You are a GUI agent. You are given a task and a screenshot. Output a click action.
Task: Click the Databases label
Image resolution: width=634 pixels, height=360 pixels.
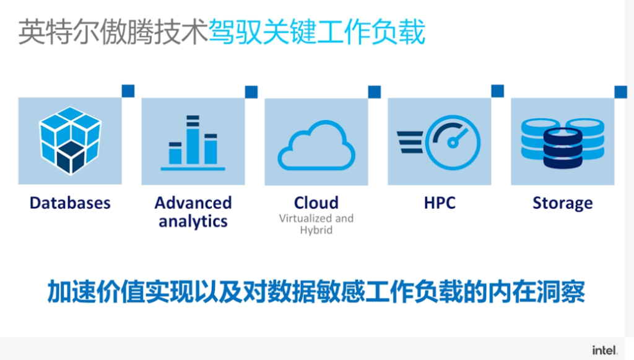[70, 203]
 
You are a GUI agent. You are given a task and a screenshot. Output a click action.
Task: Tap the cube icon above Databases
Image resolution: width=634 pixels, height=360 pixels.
[70, 141]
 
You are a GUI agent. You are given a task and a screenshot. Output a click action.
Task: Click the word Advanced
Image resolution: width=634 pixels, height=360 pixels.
[193, 203]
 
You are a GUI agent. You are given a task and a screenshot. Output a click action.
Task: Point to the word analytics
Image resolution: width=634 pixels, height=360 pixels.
[193, 221]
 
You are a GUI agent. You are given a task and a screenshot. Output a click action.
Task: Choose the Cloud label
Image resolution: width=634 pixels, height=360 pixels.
[316, 203]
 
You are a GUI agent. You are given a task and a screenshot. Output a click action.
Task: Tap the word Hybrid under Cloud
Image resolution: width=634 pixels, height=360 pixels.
[316, 230]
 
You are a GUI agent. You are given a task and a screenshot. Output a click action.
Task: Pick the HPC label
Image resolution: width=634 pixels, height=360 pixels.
[440, 203]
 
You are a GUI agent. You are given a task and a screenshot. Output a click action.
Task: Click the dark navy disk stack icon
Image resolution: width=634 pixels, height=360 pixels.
[563, 147]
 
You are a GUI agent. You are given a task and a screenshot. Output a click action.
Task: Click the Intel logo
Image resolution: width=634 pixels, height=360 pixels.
[605, 350]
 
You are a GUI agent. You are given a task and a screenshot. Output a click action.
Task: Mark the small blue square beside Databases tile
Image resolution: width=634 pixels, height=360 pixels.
[128, 91]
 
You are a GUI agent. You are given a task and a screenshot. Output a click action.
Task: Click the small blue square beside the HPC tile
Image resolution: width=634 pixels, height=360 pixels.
[498, 91]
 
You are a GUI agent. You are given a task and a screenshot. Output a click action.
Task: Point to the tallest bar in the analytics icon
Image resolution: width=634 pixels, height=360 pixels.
[193, 139]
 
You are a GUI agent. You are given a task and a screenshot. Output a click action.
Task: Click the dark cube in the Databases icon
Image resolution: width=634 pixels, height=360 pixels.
[71, 157]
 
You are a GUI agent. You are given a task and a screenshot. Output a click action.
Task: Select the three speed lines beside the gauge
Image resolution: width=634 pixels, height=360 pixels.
[410, 143]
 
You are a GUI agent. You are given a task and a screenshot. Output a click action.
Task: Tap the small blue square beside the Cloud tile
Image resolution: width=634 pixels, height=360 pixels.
[375, 92]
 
